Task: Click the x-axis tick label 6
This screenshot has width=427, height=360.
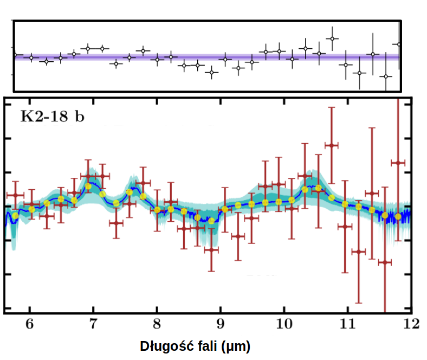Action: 30,323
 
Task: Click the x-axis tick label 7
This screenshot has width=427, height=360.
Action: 93,323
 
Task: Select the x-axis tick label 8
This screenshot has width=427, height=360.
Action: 157,323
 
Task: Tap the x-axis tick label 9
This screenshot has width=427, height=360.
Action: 220,323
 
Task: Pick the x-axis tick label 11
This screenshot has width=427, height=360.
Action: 347,323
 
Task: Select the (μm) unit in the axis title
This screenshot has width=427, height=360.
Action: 231,346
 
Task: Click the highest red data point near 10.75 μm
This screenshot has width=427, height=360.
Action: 331,145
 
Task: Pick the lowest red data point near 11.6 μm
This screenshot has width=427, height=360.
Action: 385,262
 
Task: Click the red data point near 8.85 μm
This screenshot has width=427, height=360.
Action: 211,249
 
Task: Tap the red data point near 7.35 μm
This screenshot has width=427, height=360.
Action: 116,223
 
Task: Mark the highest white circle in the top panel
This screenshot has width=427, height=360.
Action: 332,38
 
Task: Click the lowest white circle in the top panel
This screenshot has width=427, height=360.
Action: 386,76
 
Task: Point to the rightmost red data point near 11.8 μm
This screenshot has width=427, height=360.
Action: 398,163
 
